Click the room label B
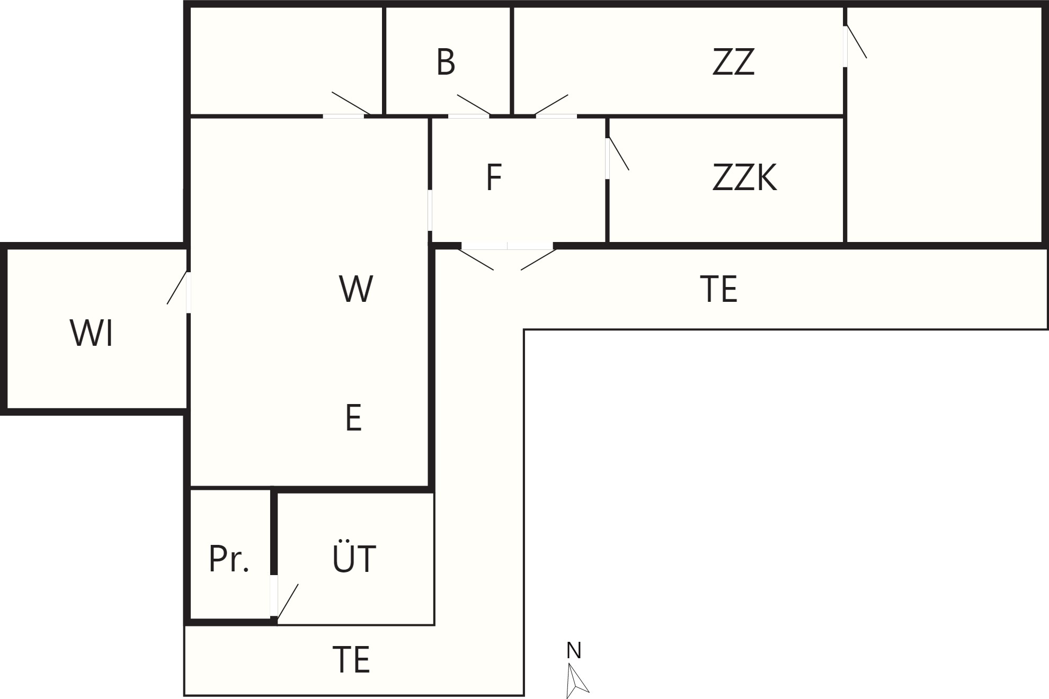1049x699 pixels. [x=446, y=62]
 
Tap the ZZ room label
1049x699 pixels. [x=733, y=62]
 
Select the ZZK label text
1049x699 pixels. [x=744, y=178]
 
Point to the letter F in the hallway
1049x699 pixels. [x=494, y=178]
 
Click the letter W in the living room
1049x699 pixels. [x=356, y=289]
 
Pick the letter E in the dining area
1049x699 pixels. [x=353, y=418]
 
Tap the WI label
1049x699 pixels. [x=91, y=333]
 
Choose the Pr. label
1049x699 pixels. [x=229, y=559]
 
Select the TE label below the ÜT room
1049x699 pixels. [x=351, y=659]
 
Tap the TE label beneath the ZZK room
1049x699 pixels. [x=718, y=289]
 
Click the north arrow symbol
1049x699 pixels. [x=576, y=680]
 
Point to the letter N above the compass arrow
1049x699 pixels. [x=574, y=650]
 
